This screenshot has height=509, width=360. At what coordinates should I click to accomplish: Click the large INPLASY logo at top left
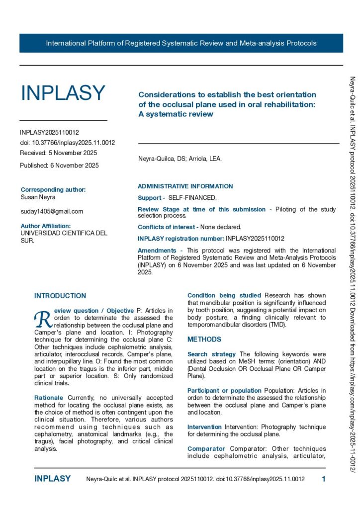point(63,93)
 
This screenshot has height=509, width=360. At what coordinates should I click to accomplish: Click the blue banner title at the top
point(181,43)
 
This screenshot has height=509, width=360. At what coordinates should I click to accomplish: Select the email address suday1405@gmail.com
point(52,211)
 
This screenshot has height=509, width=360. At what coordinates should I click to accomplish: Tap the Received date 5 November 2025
point(58,153)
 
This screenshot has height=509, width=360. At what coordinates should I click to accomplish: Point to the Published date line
point(59,165)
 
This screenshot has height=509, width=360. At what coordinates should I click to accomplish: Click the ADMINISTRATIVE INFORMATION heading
point(185,186)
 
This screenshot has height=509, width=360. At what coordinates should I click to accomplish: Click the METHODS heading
point(204,326)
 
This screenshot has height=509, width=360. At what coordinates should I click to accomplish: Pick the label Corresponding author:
point(53,189)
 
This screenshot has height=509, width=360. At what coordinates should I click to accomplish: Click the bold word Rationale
point(48,398)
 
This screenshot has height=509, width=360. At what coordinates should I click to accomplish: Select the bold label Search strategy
point(211,354)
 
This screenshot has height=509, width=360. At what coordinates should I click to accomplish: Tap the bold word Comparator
point(206,449)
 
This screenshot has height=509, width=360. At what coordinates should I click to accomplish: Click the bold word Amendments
point(157,251)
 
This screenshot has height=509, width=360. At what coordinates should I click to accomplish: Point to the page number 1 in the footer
point(324,479)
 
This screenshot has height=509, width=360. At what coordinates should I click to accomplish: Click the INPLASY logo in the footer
point(52,479)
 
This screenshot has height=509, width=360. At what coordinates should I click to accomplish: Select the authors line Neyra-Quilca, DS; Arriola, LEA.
point(180,159)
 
